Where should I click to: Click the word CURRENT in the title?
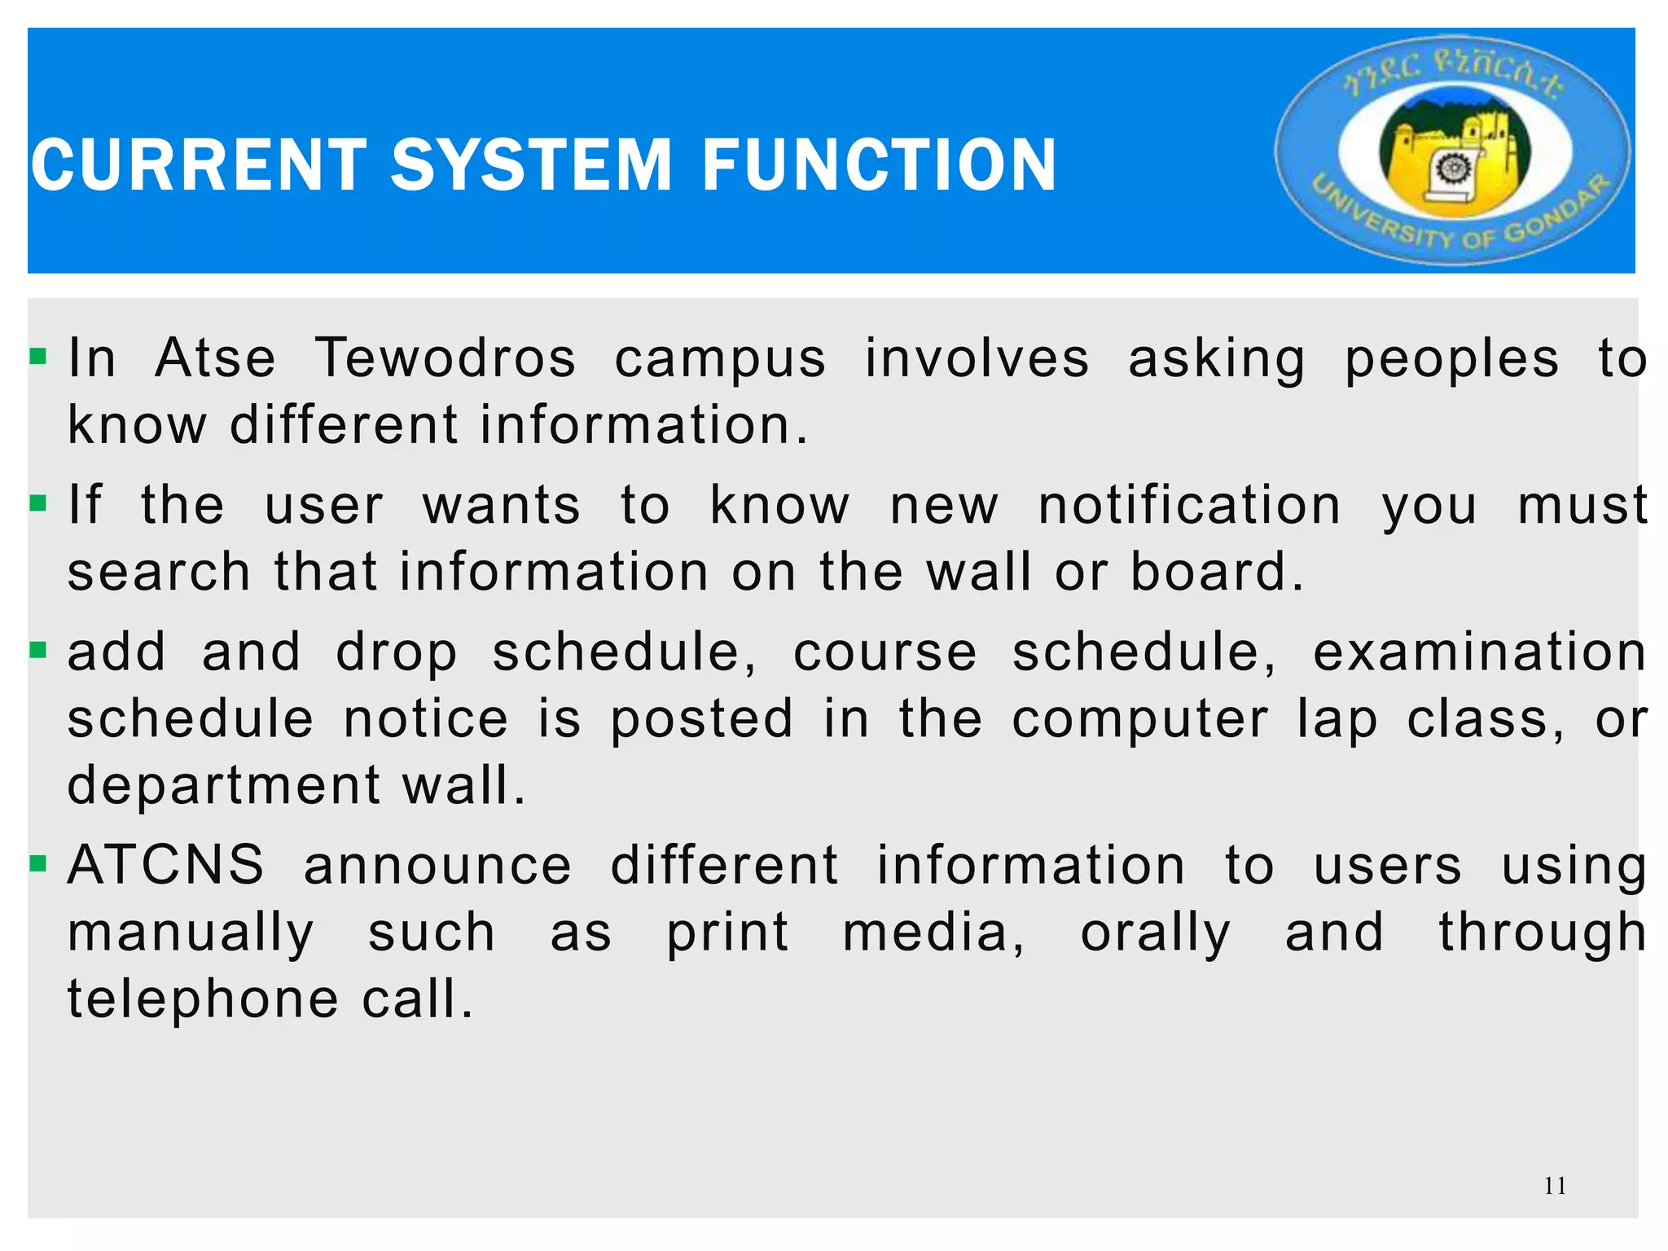(200, 165)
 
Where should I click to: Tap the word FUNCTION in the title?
(880, 165)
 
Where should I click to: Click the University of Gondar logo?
(1453, 150)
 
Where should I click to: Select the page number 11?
(1555, 1186)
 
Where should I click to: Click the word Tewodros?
(446, 358)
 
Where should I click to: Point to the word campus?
(720, 360)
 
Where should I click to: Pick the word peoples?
(1451, 360)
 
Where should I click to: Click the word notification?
(1189, 505)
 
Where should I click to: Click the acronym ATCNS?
(166, 865)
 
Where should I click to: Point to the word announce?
(438, 866)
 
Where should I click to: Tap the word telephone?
(203, 999)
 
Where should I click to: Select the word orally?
(1156, 933)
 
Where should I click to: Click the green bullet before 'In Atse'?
(38, 357)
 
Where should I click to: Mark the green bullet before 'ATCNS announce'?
(38, 863)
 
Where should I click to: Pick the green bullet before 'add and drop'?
(38, 651)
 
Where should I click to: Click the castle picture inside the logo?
(1455, 155)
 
